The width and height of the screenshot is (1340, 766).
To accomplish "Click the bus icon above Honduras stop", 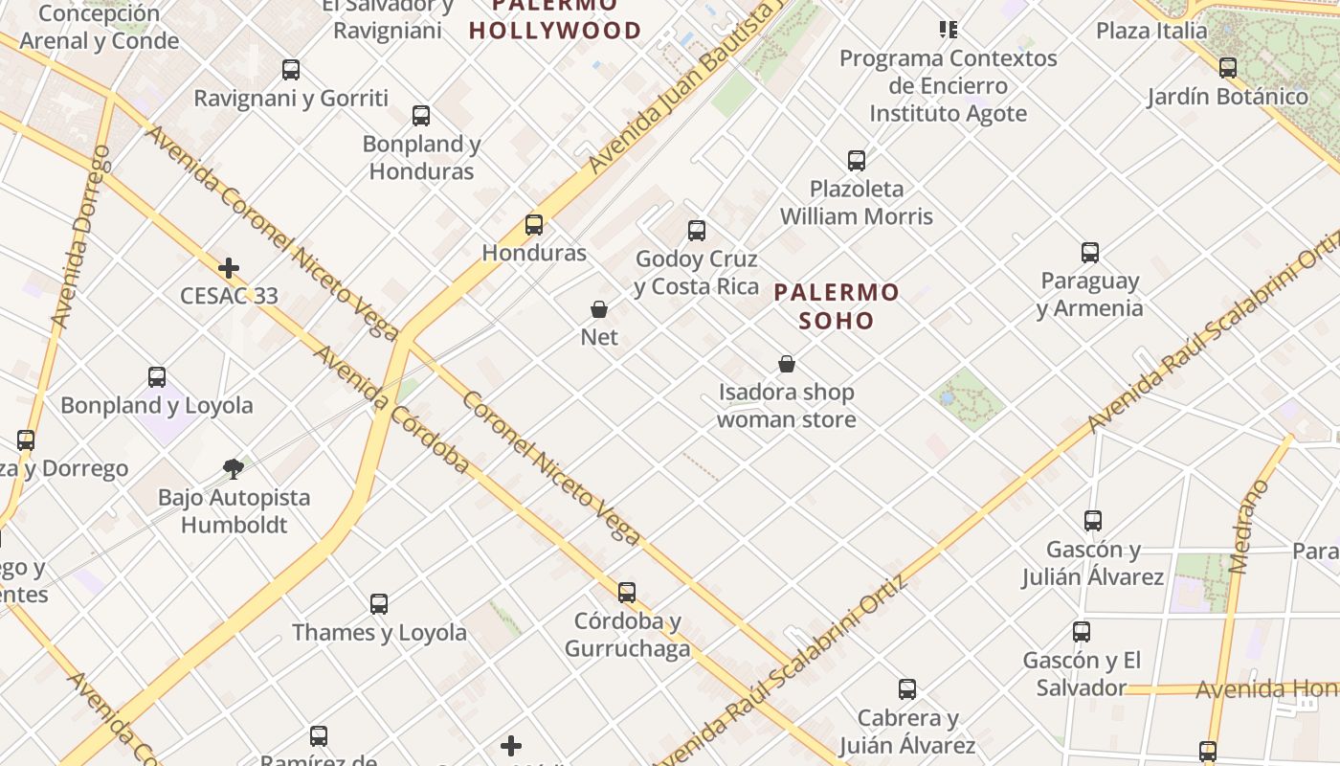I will coord(534,225).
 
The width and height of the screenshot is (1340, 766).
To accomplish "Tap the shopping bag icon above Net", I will coord(599,309).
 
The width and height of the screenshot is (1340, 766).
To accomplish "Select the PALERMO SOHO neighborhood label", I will coord(837,305).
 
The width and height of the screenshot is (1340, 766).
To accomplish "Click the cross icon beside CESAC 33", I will coord(229,268).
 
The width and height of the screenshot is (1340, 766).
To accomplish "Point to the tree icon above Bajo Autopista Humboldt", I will coord(233,469).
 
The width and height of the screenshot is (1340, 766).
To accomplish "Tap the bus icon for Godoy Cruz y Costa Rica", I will coord(697,231).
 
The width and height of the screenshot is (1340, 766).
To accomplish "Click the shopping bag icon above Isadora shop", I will coord(787,364).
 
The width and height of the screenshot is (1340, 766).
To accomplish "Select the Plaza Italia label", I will coord(1151,31).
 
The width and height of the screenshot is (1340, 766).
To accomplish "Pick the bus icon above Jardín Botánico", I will coord(1228,68).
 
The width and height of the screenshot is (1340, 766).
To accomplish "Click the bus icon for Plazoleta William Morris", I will coord(857,161).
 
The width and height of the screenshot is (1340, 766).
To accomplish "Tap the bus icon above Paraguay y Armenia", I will coord(1090,253).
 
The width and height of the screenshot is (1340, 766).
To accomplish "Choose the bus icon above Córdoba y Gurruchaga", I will coord(627,593).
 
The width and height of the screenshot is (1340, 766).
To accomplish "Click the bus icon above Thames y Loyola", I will coord(379,604).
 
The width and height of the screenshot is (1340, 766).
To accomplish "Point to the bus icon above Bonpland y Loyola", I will coord(157,377).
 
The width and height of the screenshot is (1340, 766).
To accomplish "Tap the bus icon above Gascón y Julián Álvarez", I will coord(1093,521).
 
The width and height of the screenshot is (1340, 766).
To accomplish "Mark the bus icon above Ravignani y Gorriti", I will coord(291,70).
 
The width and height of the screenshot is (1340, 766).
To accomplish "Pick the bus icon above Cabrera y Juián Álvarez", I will coord(907,689).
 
